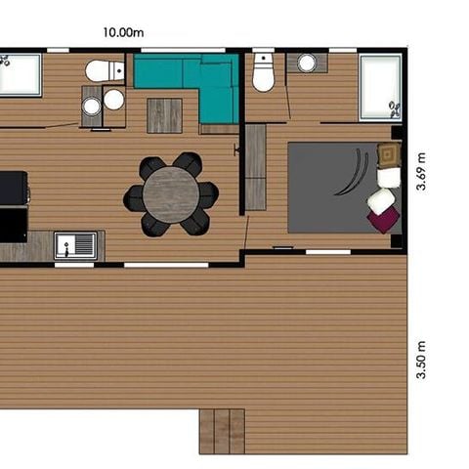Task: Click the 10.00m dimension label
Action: tap(123, 31)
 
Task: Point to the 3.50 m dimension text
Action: tap(421, 360)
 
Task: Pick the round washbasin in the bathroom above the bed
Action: tap(306, 64)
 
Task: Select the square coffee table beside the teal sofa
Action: tap(164, 115)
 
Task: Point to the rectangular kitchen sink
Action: tap(74, 243)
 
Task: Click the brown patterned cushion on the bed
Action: tap(388, 153)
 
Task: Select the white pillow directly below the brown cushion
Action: tap(389, 177)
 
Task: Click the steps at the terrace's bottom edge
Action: tap(222, 431)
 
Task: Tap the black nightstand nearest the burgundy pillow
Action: tap(396, 240)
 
